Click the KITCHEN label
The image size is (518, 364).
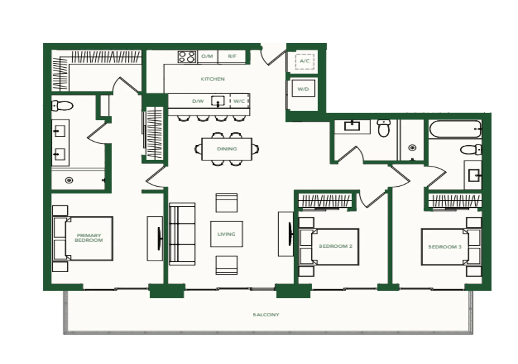(213, 79)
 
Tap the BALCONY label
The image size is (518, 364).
(266, 315)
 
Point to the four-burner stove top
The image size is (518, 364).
(187, 57)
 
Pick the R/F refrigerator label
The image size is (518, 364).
(232, 56)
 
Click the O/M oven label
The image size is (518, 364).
(207, 56)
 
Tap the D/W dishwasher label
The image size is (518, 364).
(198, 101)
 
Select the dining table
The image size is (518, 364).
(227, 149)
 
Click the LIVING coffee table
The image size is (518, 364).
(227, 234)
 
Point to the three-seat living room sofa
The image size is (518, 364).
(182, 234)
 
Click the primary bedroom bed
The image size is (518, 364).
(83, 239)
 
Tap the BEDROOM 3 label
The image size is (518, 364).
(445, 247)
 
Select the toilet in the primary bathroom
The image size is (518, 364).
(62, 106)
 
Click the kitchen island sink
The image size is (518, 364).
(218, 101)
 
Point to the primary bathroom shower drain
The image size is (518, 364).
(69, 180)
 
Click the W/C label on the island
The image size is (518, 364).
(239, 101)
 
